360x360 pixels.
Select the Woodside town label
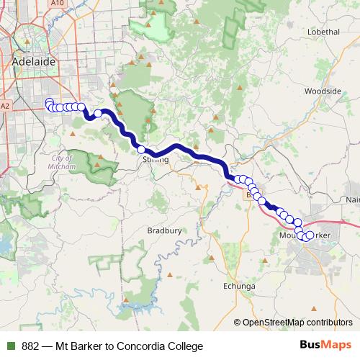[322, 91]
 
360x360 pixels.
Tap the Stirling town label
[156, 159]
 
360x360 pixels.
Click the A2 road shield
[5, 107]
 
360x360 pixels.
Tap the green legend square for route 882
[11, 346]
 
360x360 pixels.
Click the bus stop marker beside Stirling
[142, 149]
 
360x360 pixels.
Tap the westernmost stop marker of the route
[49, 102]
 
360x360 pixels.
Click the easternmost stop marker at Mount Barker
[310, 235]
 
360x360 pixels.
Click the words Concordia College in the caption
[153, 346]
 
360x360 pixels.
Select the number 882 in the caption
[31, 346]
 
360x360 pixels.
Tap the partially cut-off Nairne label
[352, 199]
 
